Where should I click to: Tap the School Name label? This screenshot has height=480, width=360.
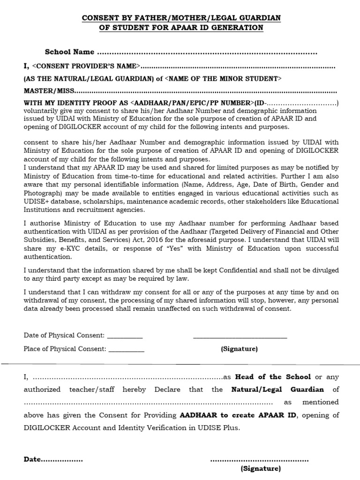pos(69,52)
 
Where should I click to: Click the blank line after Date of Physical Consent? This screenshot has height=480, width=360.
pos(125,336)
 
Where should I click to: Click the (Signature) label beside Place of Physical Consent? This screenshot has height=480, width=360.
pos(239,349)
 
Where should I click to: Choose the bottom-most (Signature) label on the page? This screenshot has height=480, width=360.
pos(261,469)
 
